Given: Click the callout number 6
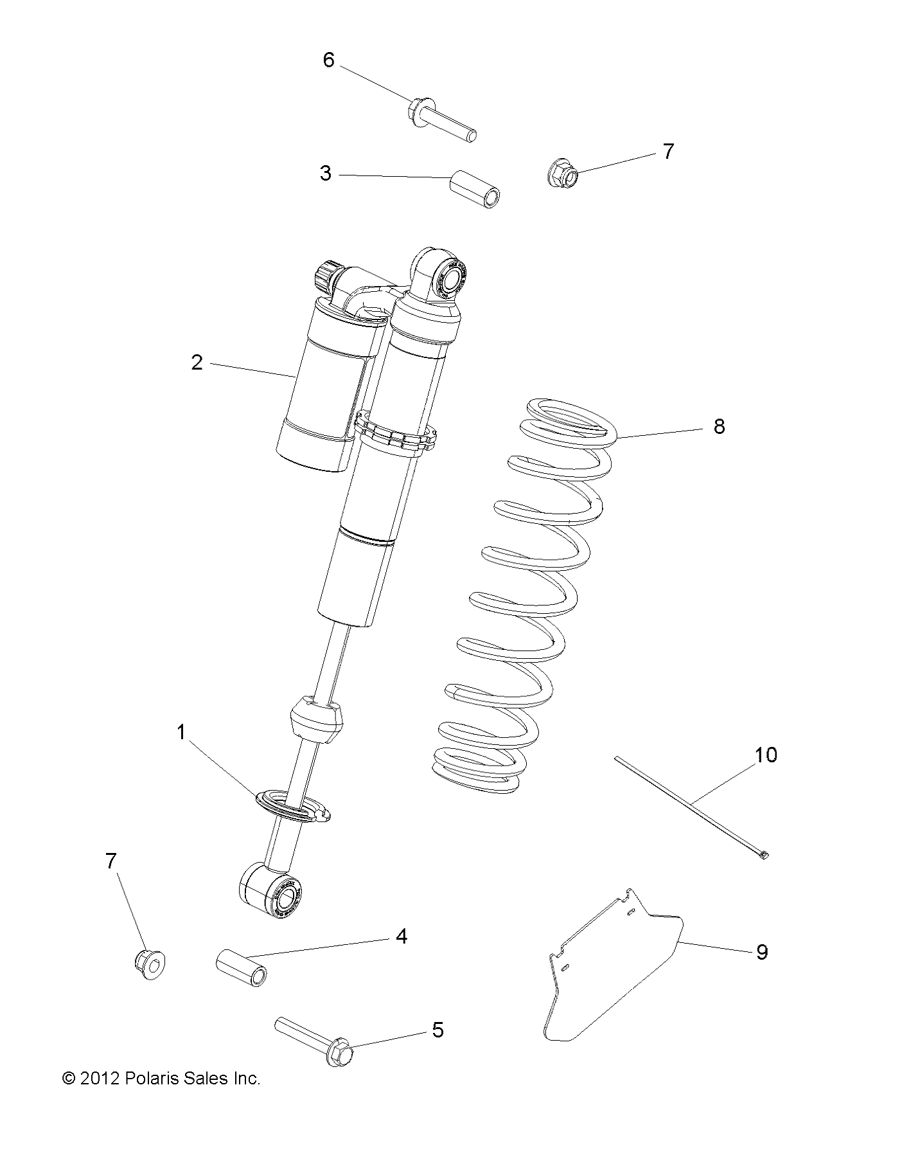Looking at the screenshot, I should click(x=328, y=60).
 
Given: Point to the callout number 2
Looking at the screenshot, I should click(x=197, y=363).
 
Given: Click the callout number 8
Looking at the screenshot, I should click(x=719, y=426).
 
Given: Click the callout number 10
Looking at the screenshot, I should click(x=766, y=755).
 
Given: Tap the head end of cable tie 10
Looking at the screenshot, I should click(x=763, y=854).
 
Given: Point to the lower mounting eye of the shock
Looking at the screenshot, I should click(x=274, y=891).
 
